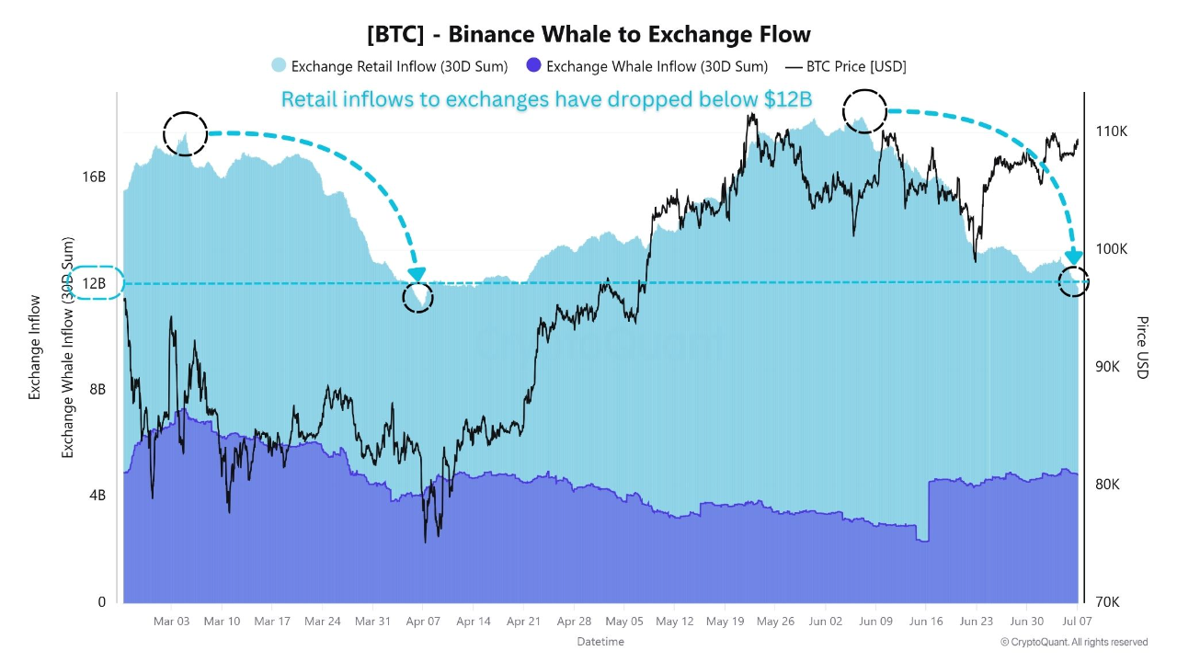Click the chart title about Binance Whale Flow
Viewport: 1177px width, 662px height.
click(588, 35)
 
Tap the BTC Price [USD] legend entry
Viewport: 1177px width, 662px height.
click(846, 66)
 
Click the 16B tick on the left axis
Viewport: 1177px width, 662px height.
click(96, 177)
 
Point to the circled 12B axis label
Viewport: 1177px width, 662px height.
click(94, 283)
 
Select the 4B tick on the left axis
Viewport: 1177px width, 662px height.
click(96, 496)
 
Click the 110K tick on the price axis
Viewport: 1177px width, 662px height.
click(1111, 131)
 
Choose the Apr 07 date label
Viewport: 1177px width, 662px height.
click(422, 622)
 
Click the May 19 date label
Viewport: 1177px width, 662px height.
click(725, 622)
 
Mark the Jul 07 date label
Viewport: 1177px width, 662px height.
click(1077, 622)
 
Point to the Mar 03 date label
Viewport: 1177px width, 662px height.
click(171, 622)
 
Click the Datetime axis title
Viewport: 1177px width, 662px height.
click(600, 641)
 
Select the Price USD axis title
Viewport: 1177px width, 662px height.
click(1142, 348)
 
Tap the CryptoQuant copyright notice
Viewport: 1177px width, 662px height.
click(1074, 642)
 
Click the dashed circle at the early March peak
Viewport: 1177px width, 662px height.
click(186, 133)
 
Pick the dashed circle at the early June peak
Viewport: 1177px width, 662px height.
click(864, 111)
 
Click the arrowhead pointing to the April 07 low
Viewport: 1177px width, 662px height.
click(417, 274)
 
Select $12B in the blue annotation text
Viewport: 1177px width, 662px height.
click(784, 99)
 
